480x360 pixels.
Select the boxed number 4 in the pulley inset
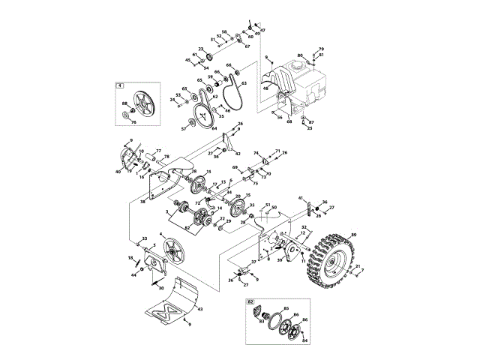119,85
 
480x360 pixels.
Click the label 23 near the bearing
201,49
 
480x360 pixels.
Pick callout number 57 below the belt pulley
184,129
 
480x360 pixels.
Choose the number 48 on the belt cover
265,88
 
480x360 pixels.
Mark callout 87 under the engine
311,121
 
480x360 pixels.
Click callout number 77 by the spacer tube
158,151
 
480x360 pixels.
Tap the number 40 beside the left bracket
118,172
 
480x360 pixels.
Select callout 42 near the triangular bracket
238,153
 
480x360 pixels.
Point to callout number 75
255,182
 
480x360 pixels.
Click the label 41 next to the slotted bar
301,198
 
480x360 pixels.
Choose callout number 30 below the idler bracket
161,287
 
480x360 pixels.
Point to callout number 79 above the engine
321,49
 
